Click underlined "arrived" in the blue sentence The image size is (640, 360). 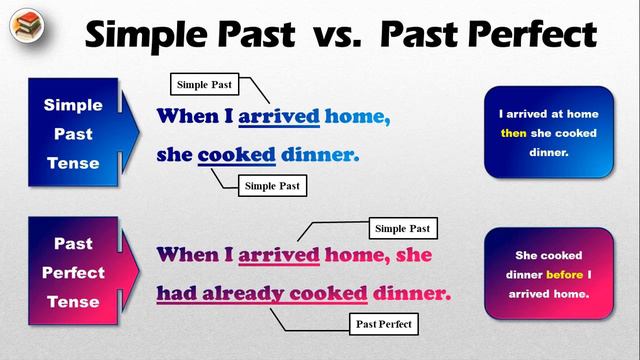click(279, 117)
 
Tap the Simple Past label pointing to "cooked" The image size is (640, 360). click(270, 185)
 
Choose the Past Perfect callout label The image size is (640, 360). click(385, 324)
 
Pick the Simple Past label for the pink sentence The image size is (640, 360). click(403, 229)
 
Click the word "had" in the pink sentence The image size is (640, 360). click(177, 294)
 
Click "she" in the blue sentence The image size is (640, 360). click(174, 156)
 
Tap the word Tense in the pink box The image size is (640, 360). click(72, 302)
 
